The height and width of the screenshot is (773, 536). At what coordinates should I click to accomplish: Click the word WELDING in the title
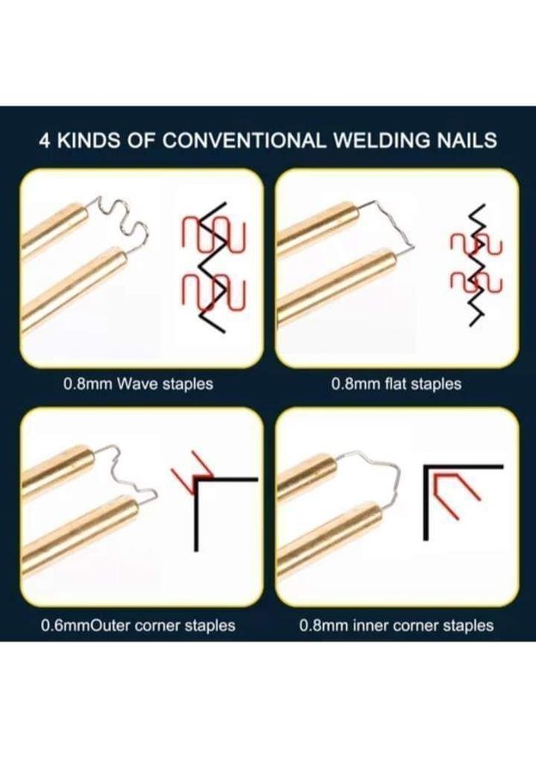pos(382,141)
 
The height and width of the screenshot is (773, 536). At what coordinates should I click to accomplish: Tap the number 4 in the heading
pos(45,141)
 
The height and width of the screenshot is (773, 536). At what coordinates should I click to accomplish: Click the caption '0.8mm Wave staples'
pos(138,384)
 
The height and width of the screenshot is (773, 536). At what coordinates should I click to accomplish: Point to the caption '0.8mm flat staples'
pos(397,384)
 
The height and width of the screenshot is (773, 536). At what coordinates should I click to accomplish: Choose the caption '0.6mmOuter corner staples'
pos(138,625)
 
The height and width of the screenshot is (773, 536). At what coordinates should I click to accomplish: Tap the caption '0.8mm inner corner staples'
pos(397,625)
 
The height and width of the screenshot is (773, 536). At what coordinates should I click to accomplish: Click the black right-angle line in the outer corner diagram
pos(197,513)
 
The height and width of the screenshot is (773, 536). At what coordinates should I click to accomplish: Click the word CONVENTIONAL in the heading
pos(244,141)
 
